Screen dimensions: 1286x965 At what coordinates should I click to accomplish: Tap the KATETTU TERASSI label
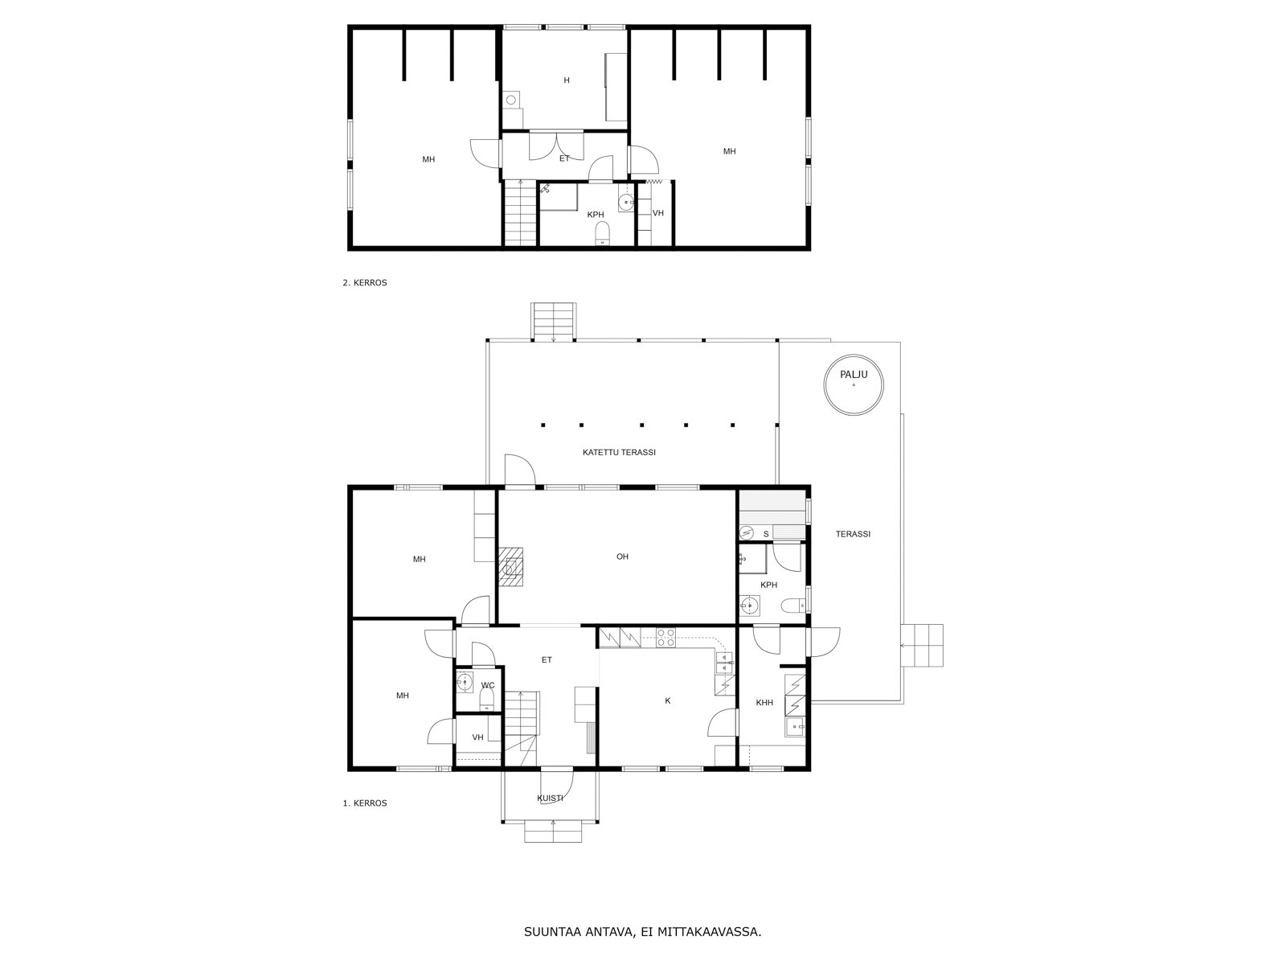(619, 452)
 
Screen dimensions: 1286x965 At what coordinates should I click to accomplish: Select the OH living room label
(622, 556)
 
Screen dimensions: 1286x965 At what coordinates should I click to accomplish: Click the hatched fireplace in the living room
(510, 567)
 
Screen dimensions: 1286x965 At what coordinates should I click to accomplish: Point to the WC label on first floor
(487, 685)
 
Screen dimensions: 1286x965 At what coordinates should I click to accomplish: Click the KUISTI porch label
(550, 798)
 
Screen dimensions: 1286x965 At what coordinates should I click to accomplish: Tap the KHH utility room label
(764, 703)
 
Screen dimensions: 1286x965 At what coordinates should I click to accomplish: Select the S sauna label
(766, 534)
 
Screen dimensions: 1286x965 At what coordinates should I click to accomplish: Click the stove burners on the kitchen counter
(666, 638)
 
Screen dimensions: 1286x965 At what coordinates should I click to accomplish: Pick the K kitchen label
(667, 700)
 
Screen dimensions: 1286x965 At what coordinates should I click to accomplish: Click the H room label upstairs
(567, 80)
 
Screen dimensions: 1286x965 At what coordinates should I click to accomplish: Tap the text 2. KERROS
(365, 282)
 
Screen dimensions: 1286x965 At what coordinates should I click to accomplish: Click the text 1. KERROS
(365, 803)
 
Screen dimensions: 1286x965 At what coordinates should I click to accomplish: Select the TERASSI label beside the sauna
(853, 534)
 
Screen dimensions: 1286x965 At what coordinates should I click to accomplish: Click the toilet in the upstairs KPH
(602, 233)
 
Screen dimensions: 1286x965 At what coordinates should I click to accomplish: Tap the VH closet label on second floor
(658, 213)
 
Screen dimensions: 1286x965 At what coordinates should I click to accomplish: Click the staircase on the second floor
(521, 213)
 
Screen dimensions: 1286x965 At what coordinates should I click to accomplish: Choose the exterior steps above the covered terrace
(554, 322)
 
